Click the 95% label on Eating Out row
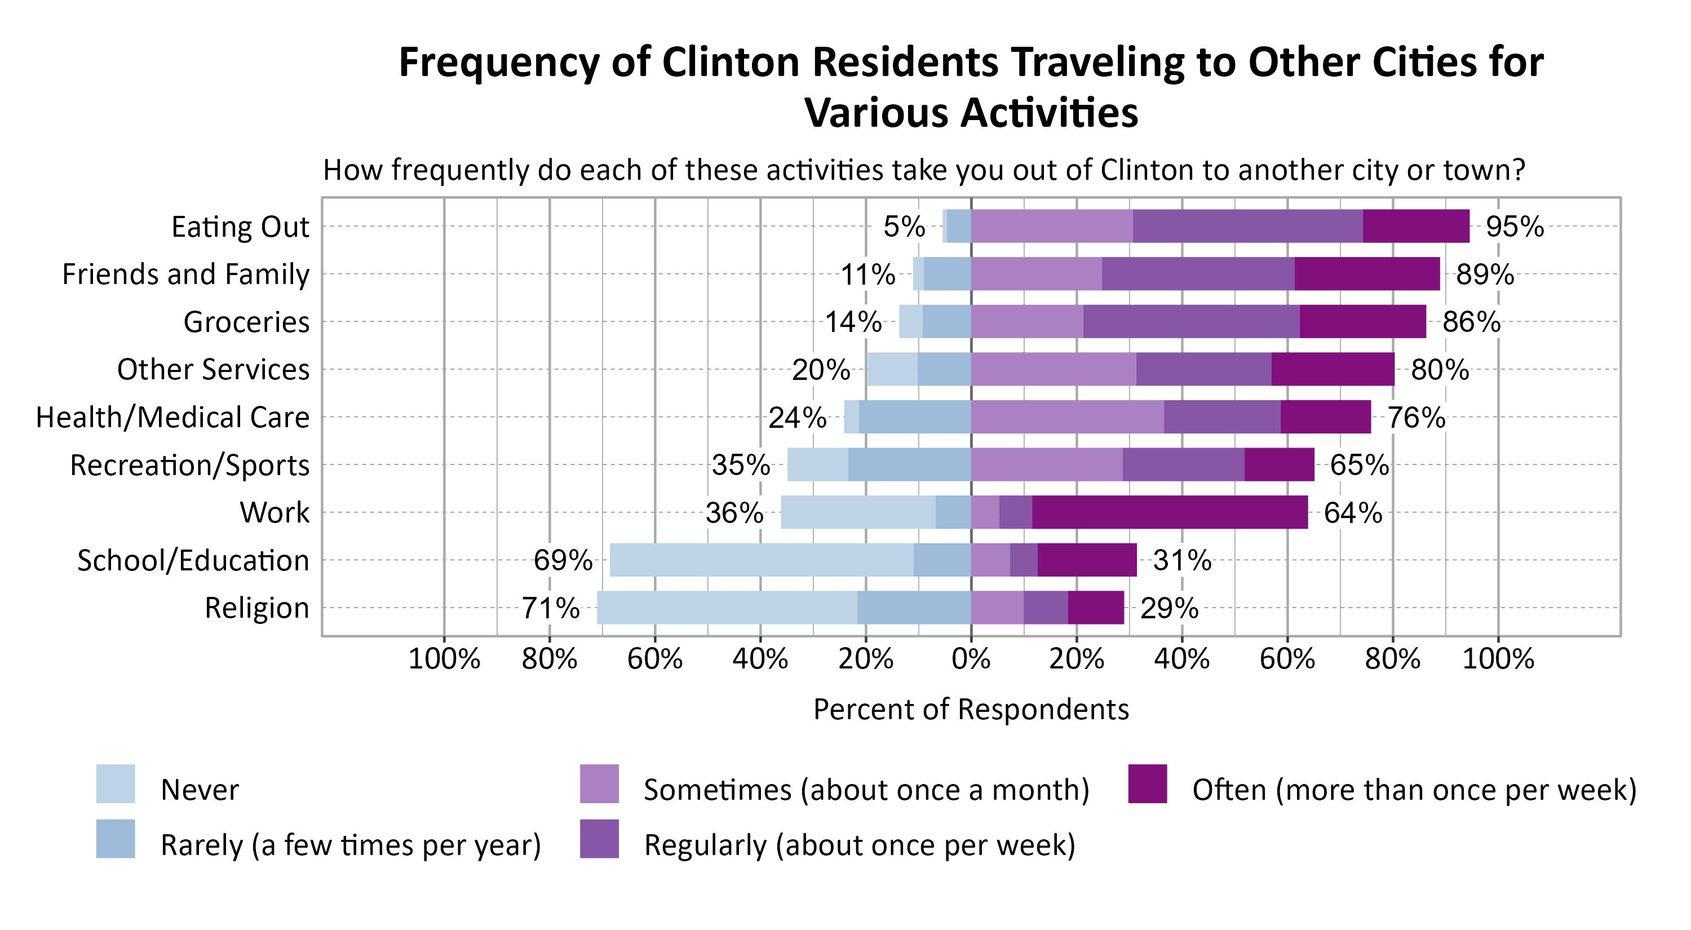tap(1514, 227)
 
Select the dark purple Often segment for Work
tap(1169, 512)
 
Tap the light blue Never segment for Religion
tap(727, 607)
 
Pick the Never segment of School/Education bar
tap(761, 560)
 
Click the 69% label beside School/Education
tap(563, 560)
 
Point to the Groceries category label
tap(246, 322)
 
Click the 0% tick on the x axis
tap(971, 658)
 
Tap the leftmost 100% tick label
tap(444, 658)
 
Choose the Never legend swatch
tap(116, 783)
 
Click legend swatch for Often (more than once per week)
tap(1148, 783)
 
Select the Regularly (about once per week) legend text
tap(859, 845)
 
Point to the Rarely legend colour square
tap(116, 839)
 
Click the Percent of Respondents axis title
tap(971, 709)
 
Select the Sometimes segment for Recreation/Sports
tap(1046, 464)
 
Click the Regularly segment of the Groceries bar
tap(1191, 322)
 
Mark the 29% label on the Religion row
tap(1169, 608)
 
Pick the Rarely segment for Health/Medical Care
tap(914, 417)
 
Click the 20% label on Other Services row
tap(821, 370)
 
